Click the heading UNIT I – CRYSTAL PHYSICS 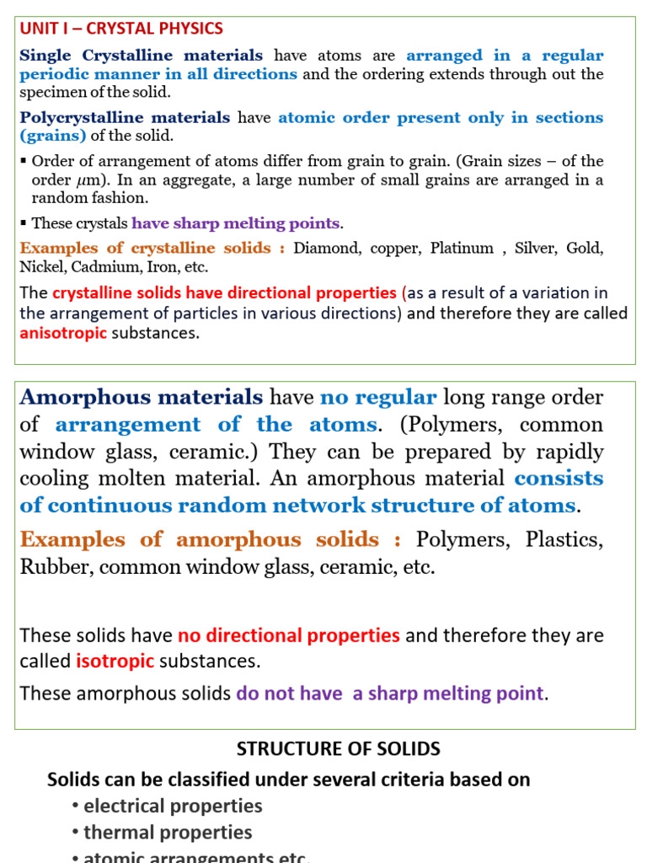point(121,29)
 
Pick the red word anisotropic point(63,333)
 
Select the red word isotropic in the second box point(115,661)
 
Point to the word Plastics point(564,539)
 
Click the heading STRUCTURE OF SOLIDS point(338,748)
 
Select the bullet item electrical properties point(173,806)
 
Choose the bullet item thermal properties point(168,833)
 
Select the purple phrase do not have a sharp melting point point(390,694)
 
